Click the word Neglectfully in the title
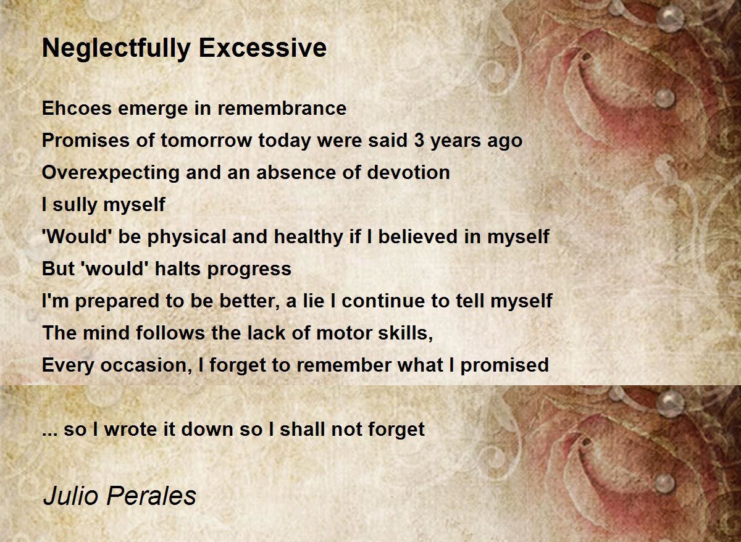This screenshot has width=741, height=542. point(116,49)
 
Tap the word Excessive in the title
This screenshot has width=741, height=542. point(262,48)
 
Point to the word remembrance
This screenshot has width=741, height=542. point(282,108)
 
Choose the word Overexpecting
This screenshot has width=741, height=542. point(111,173)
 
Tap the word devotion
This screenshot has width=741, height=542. point(408,172)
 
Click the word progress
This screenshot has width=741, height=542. point(249,270)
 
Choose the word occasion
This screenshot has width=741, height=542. point(146,365)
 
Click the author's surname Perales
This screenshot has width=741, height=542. point(151,496)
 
